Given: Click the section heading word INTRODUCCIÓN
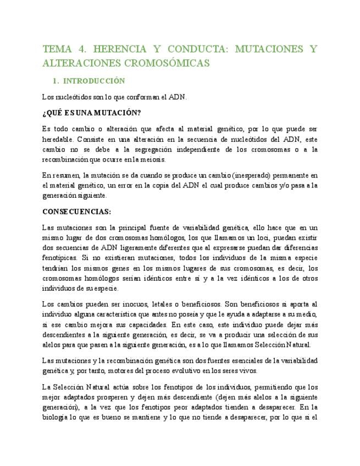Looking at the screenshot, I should tap(95, 81).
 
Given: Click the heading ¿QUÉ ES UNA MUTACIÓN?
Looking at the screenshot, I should tap(91, 113).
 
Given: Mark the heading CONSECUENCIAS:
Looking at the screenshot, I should tap(76, 212).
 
